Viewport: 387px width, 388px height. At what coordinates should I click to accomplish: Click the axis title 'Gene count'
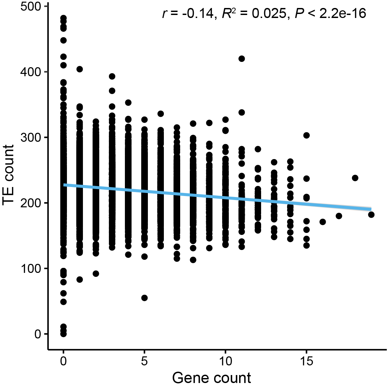point(211,378)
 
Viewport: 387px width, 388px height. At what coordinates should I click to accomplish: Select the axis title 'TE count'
point(9,175)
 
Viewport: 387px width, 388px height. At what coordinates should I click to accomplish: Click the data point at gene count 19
point(371,215)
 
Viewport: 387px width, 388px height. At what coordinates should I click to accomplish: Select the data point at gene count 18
point(355,178)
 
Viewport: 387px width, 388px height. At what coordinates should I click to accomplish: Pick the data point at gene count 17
point(339,216)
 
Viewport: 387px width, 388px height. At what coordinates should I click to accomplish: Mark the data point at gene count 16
point(323,222)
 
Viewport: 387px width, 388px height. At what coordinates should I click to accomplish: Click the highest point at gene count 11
point(242,59)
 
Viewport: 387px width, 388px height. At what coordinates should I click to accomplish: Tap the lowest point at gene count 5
point(145,298)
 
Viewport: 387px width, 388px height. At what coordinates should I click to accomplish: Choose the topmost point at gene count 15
point(306,135)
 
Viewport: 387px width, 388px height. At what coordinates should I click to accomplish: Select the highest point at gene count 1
point(80,69)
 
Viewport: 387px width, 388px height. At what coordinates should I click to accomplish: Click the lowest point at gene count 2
point(96,274)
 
